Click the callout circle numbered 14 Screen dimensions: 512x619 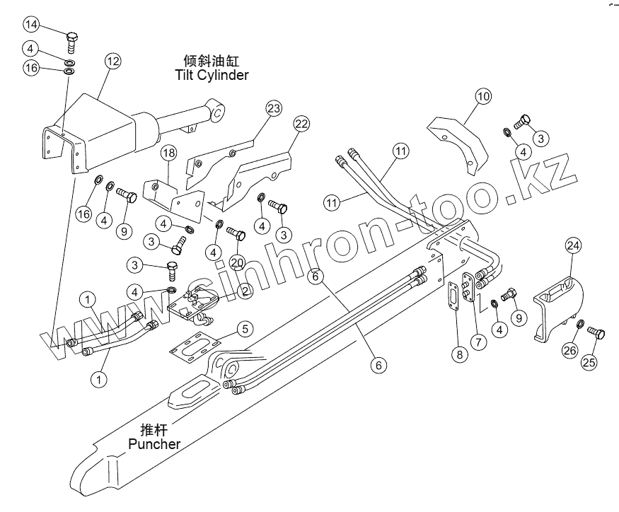32,25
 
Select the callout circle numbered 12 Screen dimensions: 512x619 113,61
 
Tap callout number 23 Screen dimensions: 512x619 274,108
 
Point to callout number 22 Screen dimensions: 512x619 301,124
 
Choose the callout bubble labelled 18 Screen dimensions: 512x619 168,153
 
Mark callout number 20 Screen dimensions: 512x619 238,262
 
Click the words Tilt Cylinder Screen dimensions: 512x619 212,74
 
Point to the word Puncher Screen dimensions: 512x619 154,444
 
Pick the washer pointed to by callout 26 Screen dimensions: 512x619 580,325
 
